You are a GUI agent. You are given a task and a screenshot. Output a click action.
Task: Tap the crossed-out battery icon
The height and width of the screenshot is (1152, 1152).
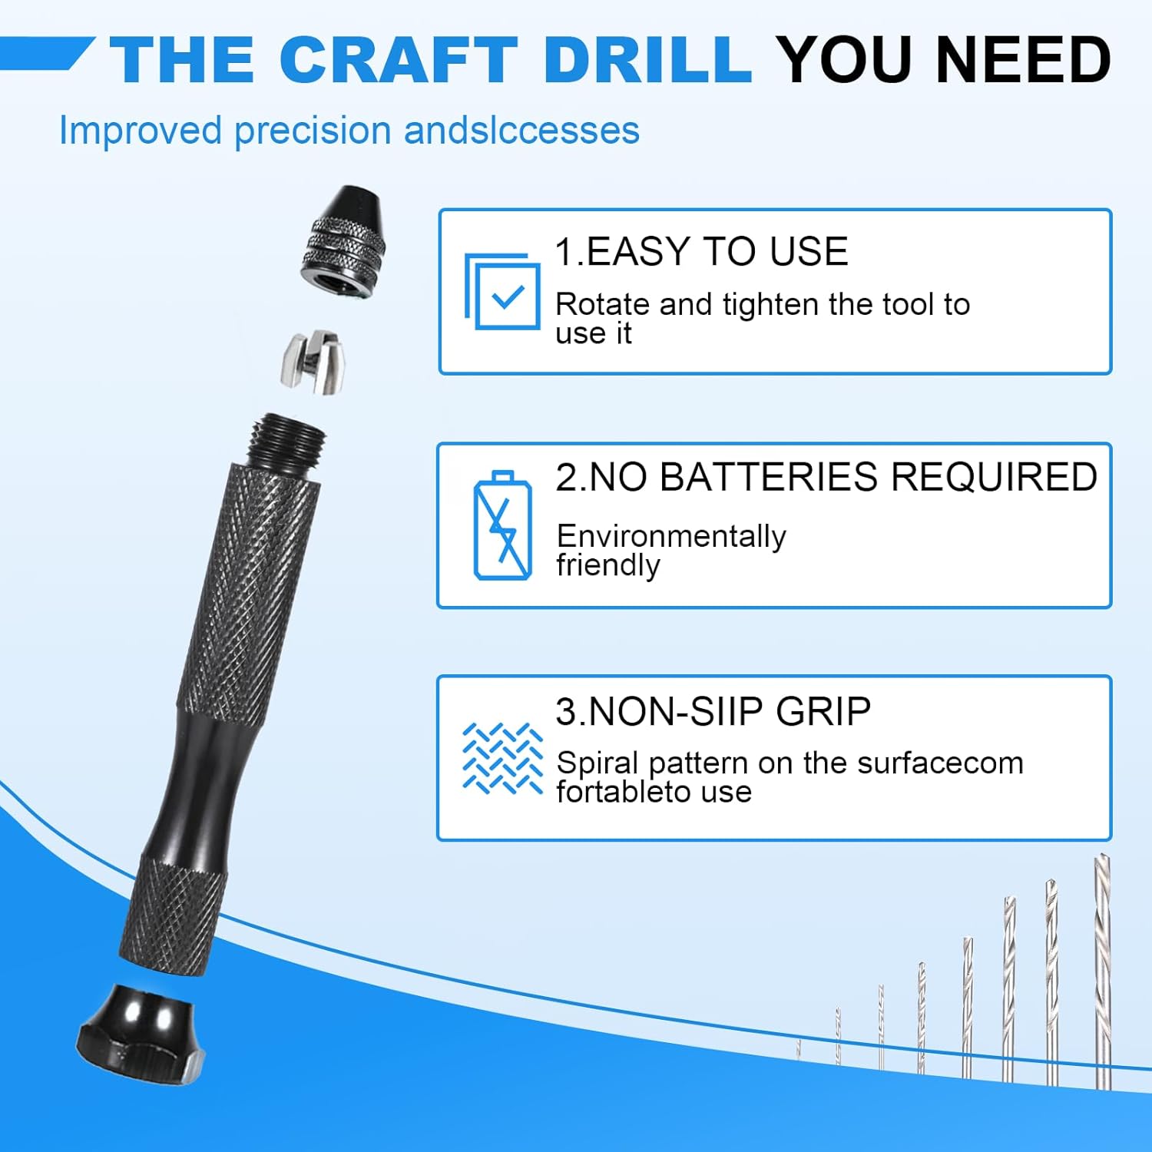click(502, 525)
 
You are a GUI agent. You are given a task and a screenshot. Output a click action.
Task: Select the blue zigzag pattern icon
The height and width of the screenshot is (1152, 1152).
click(502, 758)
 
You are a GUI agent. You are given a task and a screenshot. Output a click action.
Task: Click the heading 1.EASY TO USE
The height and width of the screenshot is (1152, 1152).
click(701, 252)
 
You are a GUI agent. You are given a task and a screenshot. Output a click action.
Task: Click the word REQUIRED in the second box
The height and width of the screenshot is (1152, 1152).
click(994, 478)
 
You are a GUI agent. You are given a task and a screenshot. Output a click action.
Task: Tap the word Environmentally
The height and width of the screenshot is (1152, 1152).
click(671, 536)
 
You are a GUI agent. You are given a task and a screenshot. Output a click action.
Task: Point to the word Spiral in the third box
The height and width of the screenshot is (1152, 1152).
click(598, 763)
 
